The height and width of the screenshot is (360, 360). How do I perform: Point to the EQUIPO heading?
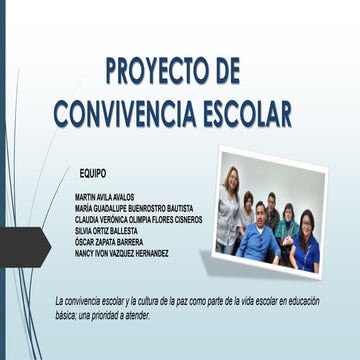click(x=92, y=173)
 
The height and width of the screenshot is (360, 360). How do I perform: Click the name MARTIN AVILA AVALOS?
click(x=104, y=197)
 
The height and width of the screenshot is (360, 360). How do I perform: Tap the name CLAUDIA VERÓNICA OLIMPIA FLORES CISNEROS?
click(x=138, y=219)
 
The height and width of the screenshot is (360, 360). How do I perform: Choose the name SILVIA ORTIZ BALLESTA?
click(x=107, y=231)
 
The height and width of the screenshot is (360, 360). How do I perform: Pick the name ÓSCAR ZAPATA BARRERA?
click(x=108, y=242)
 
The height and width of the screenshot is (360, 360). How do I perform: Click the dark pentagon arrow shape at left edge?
click(x=22, y=246)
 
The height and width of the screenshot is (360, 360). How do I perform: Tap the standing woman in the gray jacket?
click(x=229, y=210)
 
